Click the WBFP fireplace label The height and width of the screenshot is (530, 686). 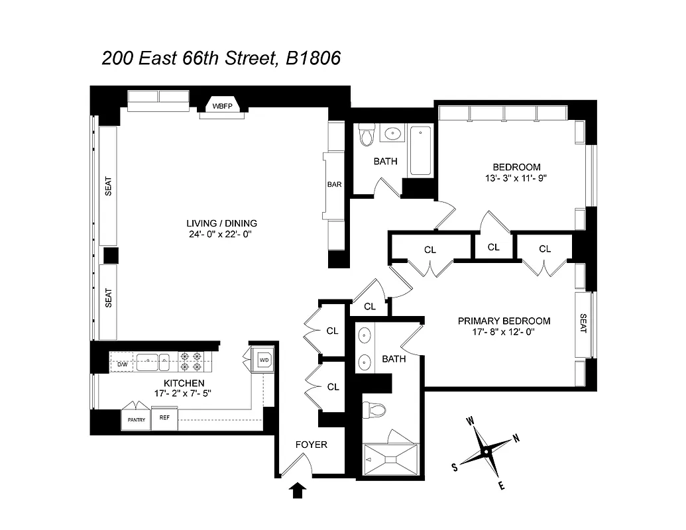click(221, 107)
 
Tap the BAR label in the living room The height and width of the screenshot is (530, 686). click(334, 185)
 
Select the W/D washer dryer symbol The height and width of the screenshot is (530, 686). click(264, 360)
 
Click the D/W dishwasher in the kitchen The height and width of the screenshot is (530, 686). click(122, 364)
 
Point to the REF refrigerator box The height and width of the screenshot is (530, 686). click(164, 419)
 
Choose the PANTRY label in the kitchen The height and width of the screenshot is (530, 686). click(136, 419)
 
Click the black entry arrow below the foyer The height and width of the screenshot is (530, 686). click(298, 490)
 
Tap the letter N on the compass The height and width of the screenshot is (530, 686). click(516, 439)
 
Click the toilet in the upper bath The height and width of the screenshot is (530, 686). click(367, 136)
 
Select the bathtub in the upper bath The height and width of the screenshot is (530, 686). click(420, 150)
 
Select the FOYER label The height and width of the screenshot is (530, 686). click(311, 445)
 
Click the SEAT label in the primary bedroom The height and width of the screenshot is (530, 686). click(583, 323)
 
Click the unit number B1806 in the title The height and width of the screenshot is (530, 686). click(313, 58)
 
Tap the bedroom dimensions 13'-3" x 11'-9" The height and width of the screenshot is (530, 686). click(516, 178)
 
